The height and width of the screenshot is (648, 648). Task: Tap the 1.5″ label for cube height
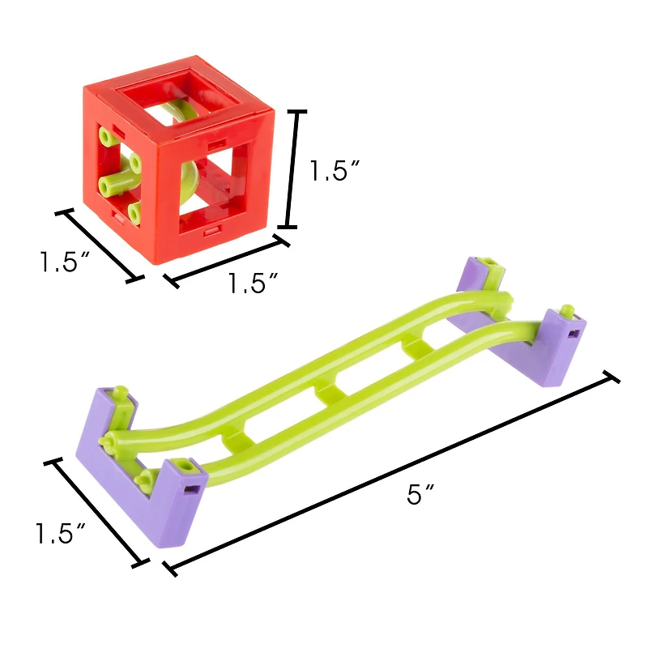pos(334,171)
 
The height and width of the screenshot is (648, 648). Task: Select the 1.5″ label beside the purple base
pos(62,534)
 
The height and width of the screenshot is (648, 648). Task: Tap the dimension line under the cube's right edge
pos(227,258)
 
